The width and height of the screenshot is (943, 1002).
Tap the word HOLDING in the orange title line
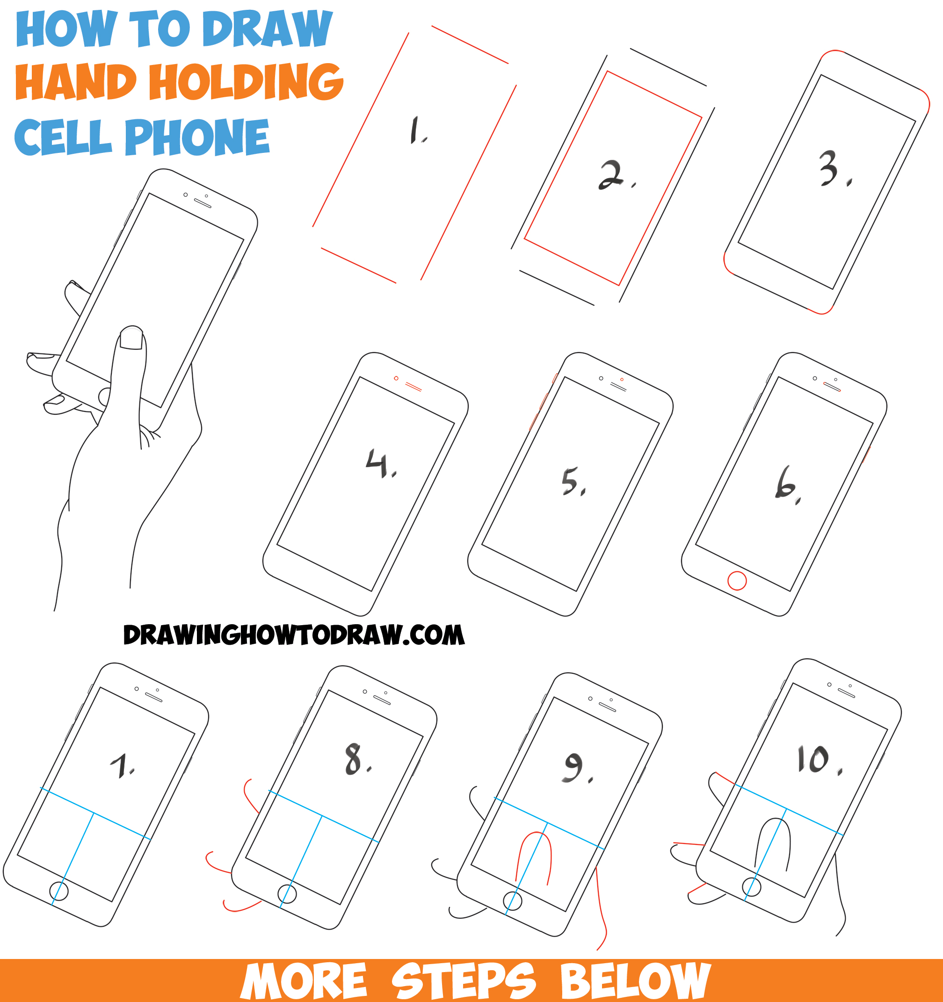246,82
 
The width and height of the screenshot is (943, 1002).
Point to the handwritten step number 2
612,175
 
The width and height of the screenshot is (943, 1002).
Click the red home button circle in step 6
737,581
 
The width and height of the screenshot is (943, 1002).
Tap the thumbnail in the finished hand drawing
131,338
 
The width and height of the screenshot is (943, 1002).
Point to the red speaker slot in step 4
413,387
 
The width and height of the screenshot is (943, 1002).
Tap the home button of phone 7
59,891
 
